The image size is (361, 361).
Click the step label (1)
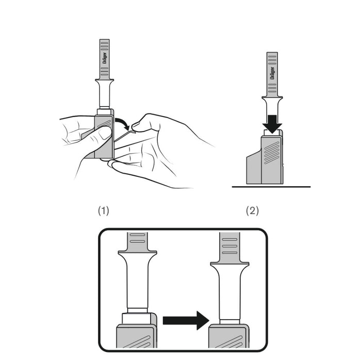pos(104,210)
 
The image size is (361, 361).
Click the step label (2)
pos(252,210)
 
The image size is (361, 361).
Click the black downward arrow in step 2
pos(272,123)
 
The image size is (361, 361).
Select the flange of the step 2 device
pos(272,99)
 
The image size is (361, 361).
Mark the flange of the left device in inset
pos(137,253)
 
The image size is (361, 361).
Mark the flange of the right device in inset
pos(230,265)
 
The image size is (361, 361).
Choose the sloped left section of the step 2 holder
pos(253,168)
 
